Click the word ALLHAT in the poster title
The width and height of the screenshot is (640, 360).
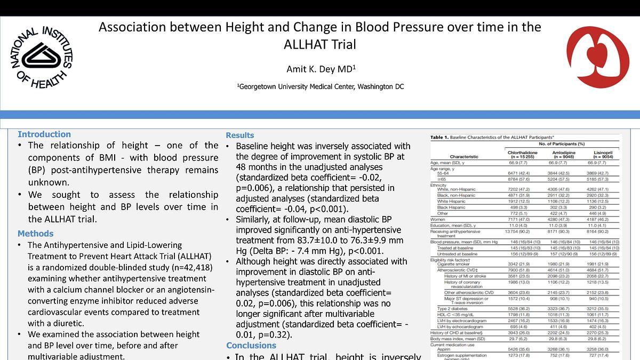[319, 45]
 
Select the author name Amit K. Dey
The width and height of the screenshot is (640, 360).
[321, 69]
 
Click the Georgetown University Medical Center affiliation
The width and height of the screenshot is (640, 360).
[320, 86]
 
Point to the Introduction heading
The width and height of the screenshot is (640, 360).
[44, 134]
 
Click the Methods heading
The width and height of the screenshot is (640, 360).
[35, 234]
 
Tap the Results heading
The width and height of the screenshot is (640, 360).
[239, 135]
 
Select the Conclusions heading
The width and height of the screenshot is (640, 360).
[251, 346]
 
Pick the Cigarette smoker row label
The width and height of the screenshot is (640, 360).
[454, 264]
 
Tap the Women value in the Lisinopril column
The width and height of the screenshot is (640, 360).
[602, 219]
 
